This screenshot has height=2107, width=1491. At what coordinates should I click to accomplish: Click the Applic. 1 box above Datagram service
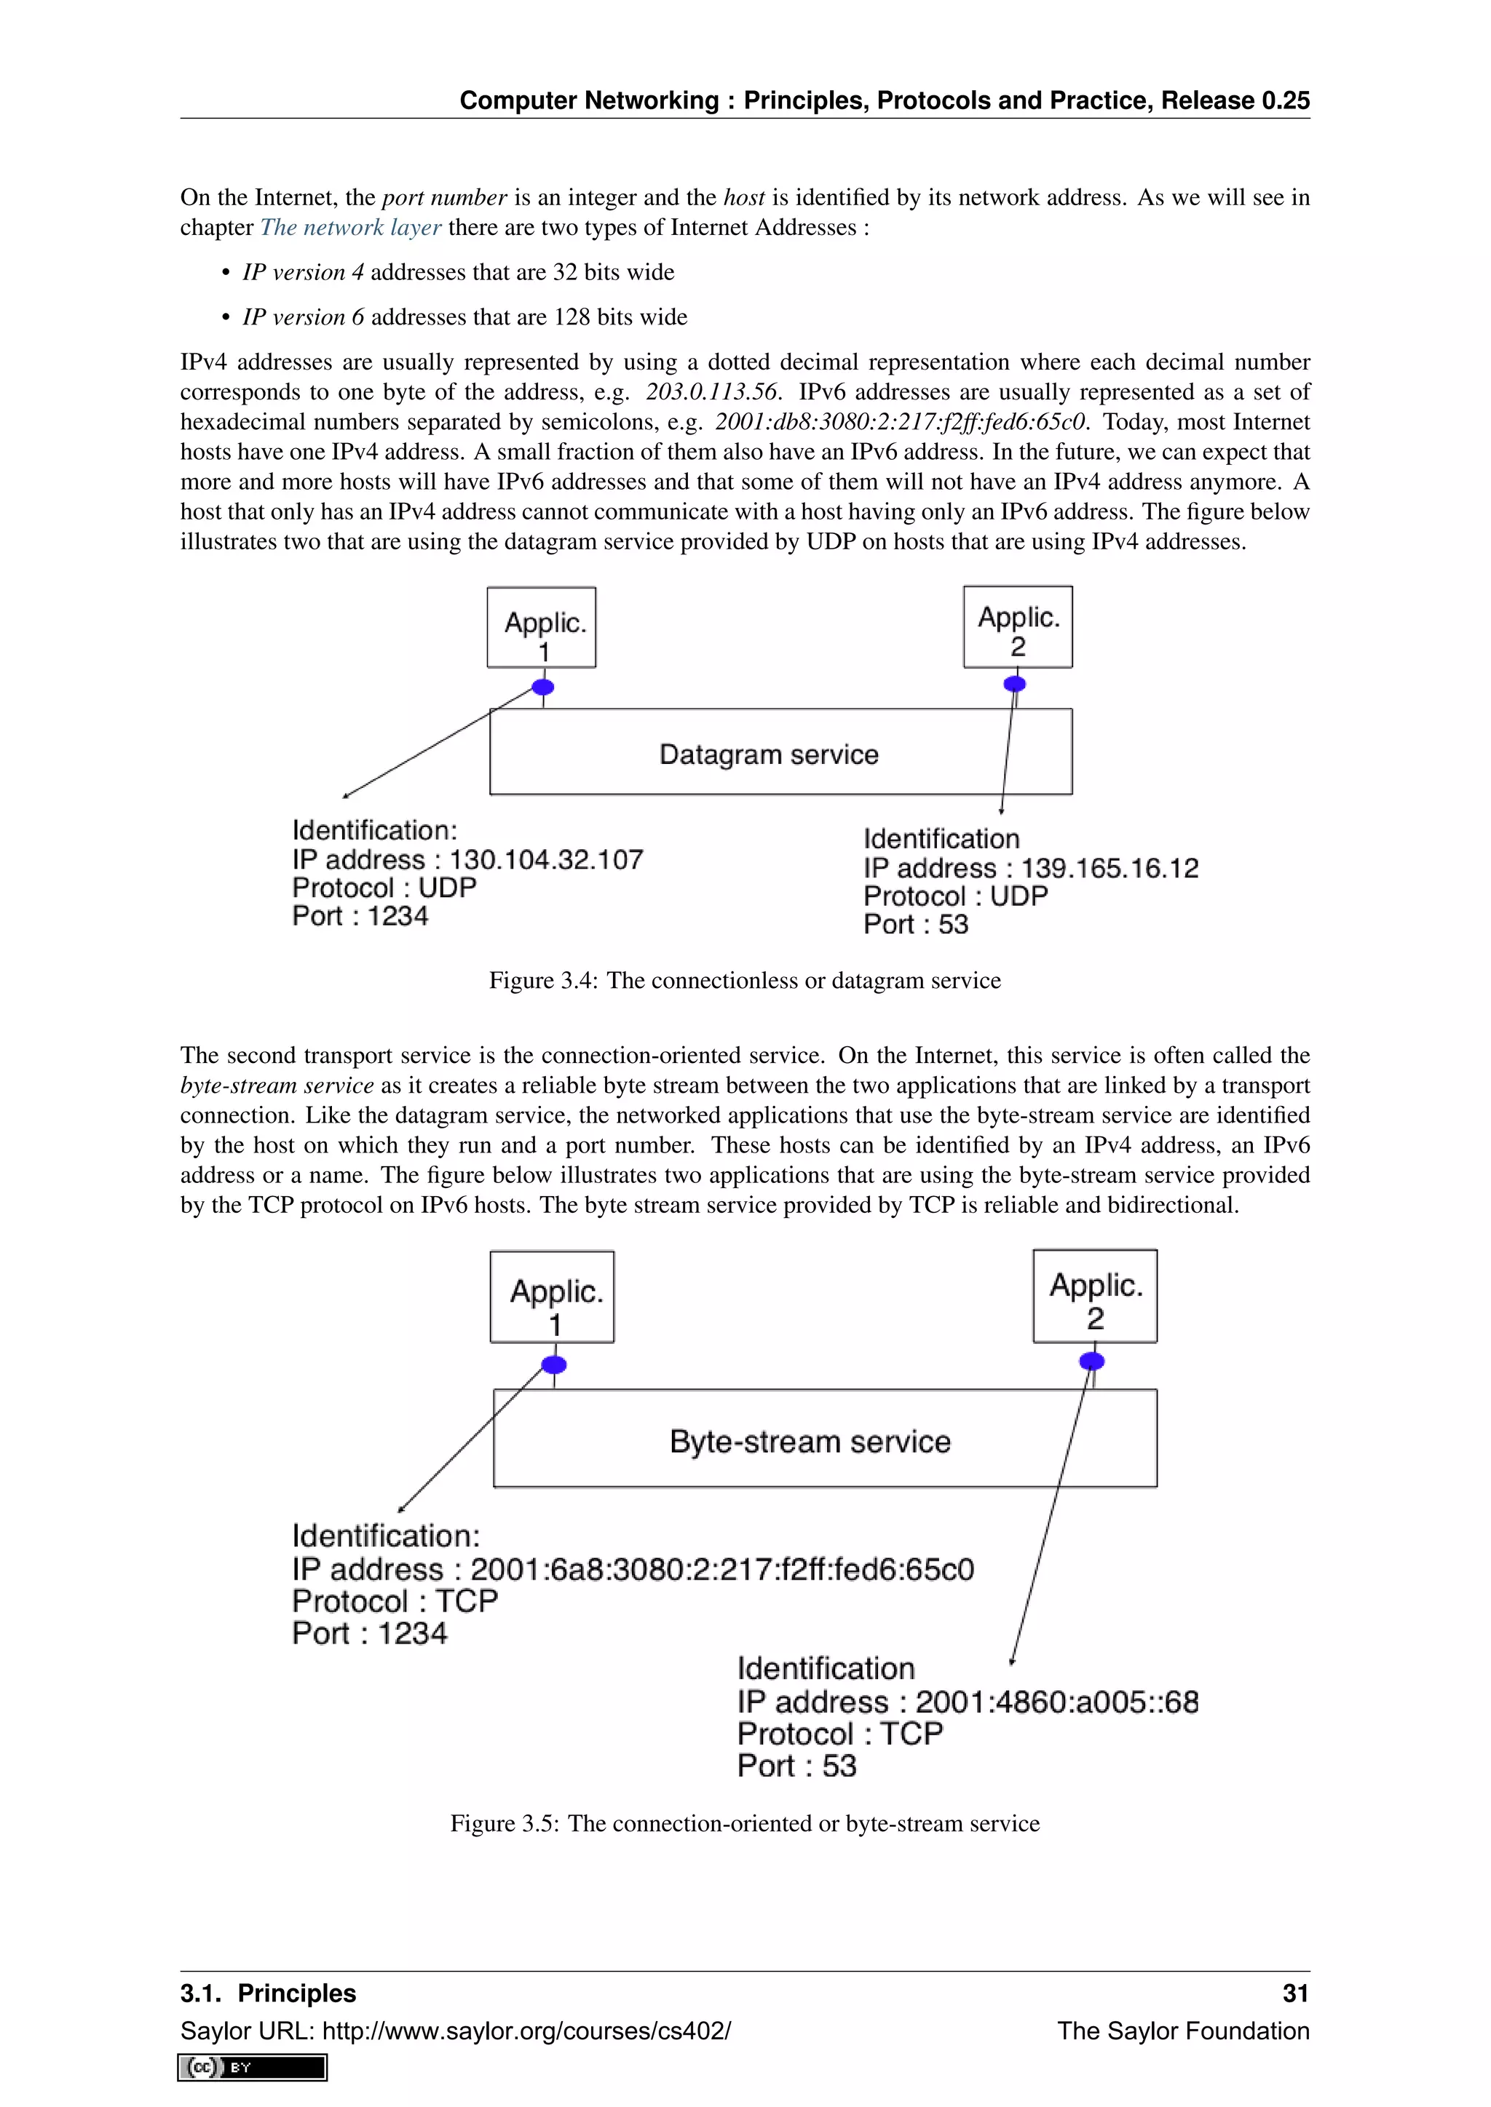click(542, 628)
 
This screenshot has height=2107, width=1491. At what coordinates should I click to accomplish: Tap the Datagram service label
click(769, 754)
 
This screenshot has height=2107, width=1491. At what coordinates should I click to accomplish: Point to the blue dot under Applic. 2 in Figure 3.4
click(1014, 684)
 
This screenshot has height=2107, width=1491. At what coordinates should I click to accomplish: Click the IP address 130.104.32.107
click(545, 860)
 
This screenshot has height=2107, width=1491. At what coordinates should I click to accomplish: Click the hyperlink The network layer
click(351, 228)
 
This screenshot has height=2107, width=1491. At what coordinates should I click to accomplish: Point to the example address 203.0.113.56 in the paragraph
click(711, 392)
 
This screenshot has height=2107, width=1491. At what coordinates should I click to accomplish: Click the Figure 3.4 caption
click(745, 980)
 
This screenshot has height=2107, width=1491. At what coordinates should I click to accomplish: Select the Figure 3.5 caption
click(745, 1823)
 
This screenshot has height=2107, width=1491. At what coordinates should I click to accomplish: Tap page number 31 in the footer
click(1294, 1994)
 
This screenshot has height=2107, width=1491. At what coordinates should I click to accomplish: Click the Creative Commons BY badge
click(253, 2068)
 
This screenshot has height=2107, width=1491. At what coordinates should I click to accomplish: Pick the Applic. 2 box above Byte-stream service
click(1094, 1296)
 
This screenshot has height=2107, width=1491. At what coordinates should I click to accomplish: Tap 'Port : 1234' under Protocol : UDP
click(360, 916)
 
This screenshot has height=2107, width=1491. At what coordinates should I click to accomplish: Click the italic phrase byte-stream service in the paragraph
click(277, 1086)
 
